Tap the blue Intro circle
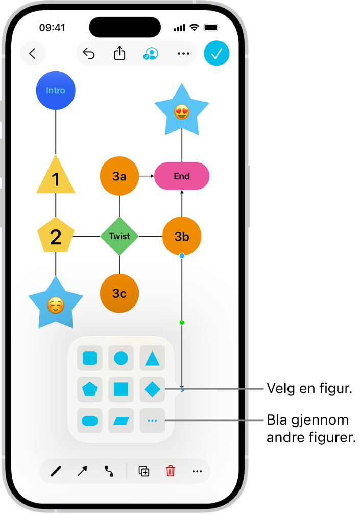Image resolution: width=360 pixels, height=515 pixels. pyautogui.click(x=56, y=90)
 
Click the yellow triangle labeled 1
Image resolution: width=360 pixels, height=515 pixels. pyautogui.click(x=56, y=178)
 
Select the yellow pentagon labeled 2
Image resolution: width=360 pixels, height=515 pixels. pyautogui.click(x=56, y=236)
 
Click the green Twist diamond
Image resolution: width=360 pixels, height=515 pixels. pyautogui.click(x=119, y=236)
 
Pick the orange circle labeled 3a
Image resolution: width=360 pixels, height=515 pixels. pyautogui.click(x=119, y=176)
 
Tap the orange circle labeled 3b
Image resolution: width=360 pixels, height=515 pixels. pyautogui.click(x=182, y=236)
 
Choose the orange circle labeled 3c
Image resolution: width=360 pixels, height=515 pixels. pyautogui.click(x=119, y=293)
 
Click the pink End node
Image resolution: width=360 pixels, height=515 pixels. pyautogui.click(x=182, y=176)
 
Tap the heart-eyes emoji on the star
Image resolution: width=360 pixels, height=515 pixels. pyautogui.click(x=182, y=111)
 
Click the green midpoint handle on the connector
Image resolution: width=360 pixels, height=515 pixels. pyautogui.click(x=182, y=323)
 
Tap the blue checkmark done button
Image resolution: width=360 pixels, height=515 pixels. pyautogui.click(x=217, y=54)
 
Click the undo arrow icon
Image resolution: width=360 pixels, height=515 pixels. pyautogui.click(x=89, y=54)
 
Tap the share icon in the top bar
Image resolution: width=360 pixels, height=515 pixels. pyautogui.click(x=119, y=54)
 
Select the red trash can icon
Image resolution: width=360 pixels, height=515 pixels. pyautogui.click(x=171, y=471)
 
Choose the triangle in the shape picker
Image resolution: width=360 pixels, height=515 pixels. pyautogui.click(x=152, y=358)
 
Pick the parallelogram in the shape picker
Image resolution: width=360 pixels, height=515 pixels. pyautogui.click(x=121, y=420)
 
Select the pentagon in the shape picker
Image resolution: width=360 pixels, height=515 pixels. pyautogui.click(x=89, y=390)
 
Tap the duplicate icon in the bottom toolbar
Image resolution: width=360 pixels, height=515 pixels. pyautogui.click(x=144, y=471)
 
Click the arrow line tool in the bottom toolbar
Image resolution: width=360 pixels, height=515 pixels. pyautogui.click(x=82, y=471)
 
